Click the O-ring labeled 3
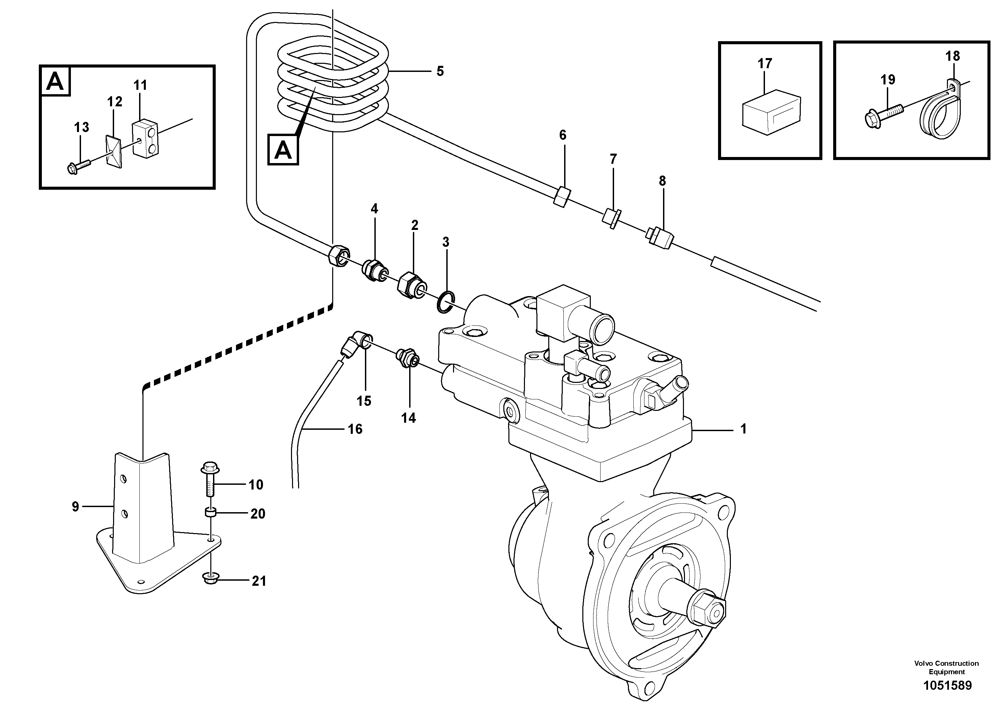pos(446,301)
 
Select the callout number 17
pos(765,64)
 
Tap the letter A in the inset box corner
pos(55,81)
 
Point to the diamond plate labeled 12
pos(114,151)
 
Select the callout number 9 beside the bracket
pos(75,507)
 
